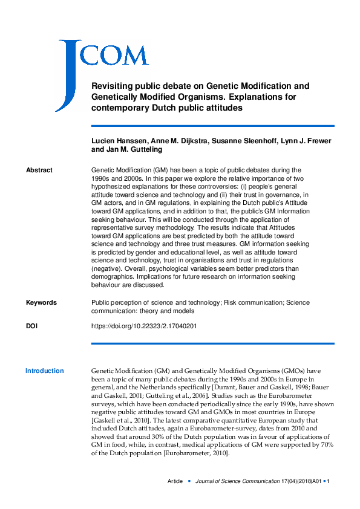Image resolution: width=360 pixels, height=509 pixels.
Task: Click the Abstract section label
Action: [39, 170]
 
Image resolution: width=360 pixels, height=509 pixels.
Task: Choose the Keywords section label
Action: [41, 302]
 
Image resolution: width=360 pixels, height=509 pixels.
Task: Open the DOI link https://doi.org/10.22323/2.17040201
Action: [143, 326]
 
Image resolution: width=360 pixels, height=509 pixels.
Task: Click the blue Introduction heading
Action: [44, 371]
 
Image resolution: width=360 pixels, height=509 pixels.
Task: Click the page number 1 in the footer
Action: [327, 481]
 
